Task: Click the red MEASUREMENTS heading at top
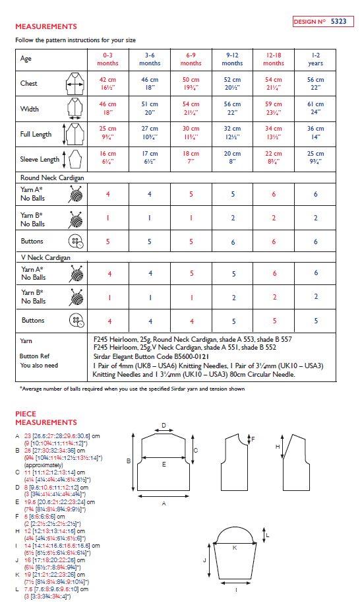46,26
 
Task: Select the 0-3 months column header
107,59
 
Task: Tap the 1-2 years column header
315,59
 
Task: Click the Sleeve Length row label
40,159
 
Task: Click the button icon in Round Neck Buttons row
75,241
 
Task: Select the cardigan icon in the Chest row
75,84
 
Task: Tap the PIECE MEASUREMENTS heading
46,418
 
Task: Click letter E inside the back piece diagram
164,464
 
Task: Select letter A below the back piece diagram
163,502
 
